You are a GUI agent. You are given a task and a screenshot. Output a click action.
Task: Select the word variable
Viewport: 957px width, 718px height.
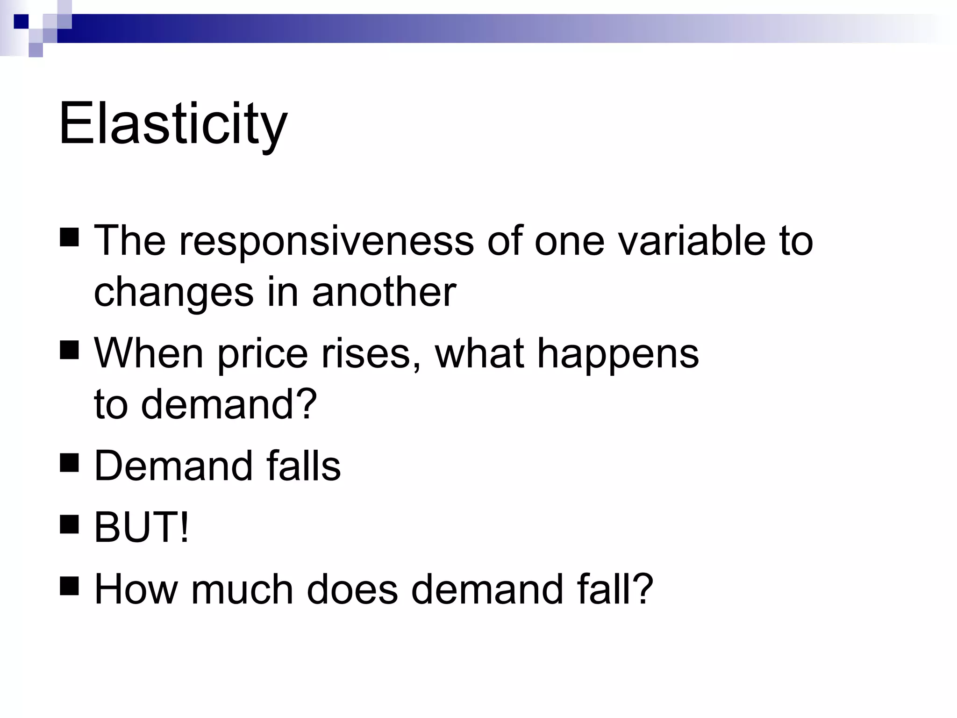tap(692, 241)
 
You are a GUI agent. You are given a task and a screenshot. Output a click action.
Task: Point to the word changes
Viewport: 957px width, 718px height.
tap(173, 293)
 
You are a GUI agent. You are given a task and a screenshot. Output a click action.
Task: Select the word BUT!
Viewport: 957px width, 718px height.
tap(142, 527)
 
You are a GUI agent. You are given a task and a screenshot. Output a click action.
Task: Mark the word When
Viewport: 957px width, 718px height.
tap(149, 353)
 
